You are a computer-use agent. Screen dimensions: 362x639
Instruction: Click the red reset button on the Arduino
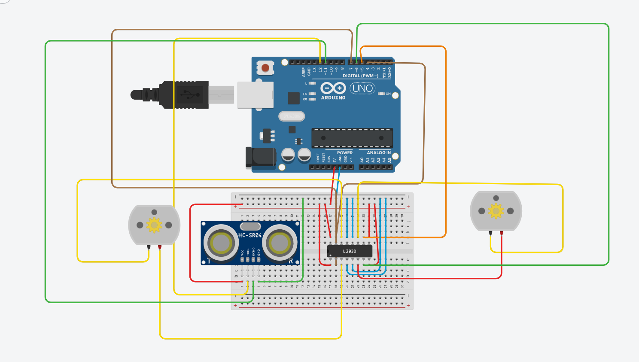pyautogui.click(x=265, y=68)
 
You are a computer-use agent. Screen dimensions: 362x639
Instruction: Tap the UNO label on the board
pyautogui.click(x=362, y=88)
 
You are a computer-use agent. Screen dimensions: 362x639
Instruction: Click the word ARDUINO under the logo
pyautogui.click(x=333, y=98)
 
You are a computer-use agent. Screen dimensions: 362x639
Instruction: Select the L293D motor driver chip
pyautogui.click(x=350, y=251)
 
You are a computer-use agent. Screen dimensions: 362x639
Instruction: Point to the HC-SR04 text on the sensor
pyautogui.click(x=250, y=235)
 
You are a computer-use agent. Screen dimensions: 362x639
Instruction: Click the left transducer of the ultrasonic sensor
pyautogui.click(x=221, y=243)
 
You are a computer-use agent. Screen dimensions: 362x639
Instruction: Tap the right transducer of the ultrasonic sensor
pyautogui.click(x=280, y=243)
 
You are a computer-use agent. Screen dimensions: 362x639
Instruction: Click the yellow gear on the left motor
pyautogui.click(x=154, y=225)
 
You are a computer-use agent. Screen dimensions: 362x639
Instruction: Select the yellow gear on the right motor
pyautogui.click(x=496, y=211)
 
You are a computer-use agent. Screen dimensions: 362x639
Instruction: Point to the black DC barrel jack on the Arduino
pyautogui.click(x=260, y=158)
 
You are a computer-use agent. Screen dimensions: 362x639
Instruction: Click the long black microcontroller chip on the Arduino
pyautogui.click(x=352, y=138)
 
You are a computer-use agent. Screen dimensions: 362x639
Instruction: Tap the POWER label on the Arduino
pyautogui.click(x=345, y=153)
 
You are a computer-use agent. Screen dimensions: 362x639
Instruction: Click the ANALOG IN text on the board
pyautogui.click(x=379, y=153)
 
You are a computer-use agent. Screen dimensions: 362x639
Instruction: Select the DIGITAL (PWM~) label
pyautogui.click(x=360, y=76)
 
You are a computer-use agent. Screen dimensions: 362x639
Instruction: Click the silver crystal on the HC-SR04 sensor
pyautogui.click(x=250, y=226)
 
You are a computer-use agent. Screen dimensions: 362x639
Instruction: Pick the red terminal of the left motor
pyautogui.click(x=160, y=247)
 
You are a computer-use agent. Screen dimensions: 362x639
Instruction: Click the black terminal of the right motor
pyautogui.click(x=490, y=233)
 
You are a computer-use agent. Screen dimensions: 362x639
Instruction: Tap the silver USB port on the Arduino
pyautogui.click(x=256, y=94)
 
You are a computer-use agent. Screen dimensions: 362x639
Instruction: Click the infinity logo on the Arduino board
pyautogui.click(x=333, y=88)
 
